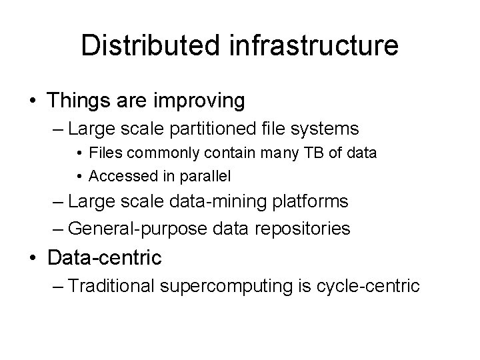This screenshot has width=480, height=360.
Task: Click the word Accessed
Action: click(119, 176)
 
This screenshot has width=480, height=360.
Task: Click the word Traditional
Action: click(112, 286)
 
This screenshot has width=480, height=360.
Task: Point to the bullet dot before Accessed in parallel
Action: click(79, 177)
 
